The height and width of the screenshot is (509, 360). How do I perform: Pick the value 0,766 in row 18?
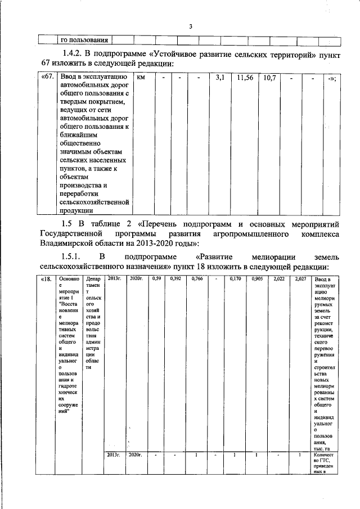(x=196, y=279)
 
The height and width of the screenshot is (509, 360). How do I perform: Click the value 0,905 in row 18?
(x=258, y=279)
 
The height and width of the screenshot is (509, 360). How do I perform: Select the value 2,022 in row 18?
(x=278, y=279)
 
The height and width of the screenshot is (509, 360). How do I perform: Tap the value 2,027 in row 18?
(x=300, y=279)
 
